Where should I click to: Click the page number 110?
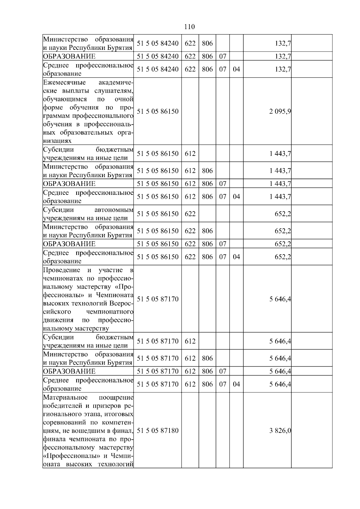[189, 27]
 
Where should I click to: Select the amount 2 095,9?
[280, 112]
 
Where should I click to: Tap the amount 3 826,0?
[280, 431]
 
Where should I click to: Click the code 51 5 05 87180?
[157, 431]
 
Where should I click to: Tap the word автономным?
[114, 210]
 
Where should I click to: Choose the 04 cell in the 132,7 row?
[236, 69]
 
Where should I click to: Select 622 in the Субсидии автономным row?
[190, 214]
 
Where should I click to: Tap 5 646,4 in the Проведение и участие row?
[280, 299]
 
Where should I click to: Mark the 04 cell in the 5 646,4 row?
[236, 384]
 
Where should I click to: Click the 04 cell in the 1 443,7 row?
[236, 197]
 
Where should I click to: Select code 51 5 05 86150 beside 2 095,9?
[157, 112]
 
